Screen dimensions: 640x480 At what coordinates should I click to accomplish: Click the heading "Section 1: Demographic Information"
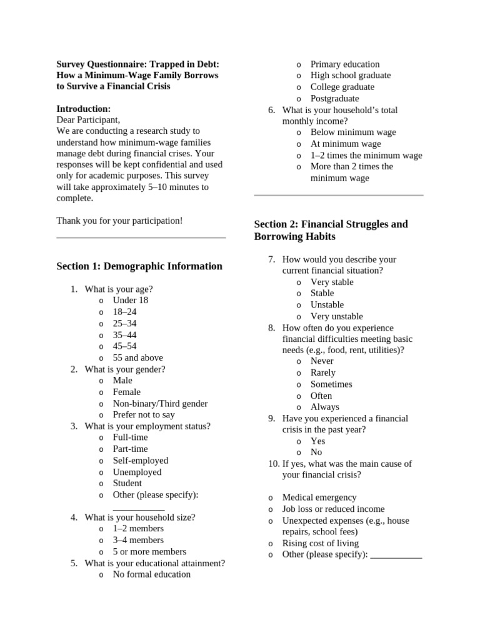[139, 266]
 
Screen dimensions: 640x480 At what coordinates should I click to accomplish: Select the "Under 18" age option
[130, 300]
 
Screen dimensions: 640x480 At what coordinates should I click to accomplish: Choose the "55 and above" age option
[137, 357]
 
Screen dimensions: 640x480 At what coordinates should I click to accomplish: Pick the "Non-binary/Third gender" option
[160, 404]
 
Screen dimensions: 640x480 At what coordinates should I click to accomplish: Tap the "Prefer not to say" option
[144, 414]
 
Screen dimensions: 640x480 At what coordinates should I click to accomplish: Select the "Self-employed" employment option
[140, 460]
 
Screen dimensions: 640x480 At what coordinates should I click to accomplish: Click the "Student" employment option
[127, 483]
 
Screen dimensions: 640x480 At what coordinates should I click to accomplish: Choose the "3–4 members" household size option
[138, 540]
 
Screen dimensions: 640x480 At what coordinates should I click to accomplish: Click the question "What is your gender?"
[125, 369]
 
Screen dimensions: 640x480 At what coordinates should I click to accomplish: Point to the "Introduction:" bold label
[84, 109]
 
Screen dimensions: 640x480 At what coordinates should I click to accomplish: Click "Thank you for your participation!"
[119, 221]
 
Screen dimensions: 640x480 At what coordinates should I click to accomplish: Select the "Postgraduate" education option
[334, 98]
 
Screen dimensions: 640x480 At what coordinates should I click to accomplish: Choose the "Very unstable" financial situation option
[336, 316]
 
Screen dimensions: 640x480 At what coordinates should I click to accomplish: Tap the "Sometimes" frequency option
[331, 384]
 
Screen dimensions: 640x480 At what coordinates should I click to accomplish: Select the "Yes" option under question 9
[317, 441]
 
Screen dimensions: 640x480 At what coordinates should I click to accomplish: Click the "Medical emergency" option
[319, 497]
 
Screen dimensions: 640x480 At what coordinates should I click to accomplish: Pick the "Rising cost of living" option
[321, 543]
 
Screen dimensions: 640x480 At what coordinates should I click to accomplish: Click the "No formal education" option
[151, 574]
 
